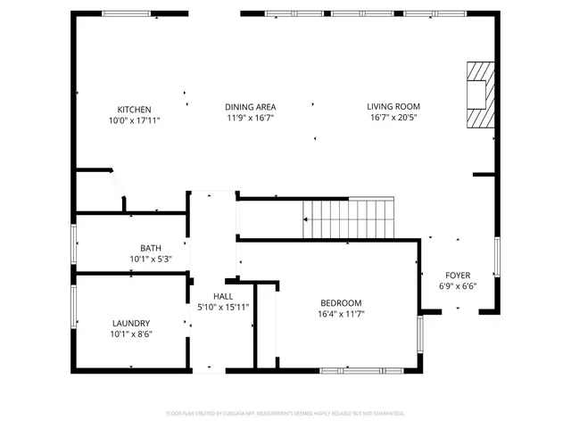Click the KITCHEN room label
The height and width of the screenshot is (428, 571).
coord(134,109)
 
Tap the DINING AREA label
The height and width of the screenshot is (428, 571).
coord(249,107)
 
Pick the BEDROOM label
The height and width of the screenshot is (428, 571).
coord(340,302)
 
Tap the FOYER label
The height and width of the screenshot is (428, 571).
coord(458,276)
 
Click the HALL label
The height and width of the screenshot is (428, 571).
coord(223,296)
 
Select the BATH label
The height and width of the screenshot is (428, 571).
coord(150,249)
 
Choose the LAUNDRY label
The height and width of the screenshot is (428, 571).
coord(131,324)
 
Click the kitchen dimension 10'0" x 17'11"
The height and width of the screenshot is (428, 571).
coord(134,119)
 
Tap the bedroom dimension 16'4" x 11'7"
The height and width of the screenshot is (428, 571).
coord(340,313)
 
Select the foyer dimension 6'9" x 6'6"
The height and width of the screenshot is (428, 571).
coord(458,286)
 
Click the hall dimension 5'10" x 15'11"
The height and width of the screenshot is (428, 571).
coord(223,307)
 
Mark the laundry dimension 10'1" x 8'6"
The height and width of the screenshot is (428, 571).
coord(131,334)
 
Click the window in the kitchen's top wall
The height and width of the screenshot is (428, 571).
coord(126,13)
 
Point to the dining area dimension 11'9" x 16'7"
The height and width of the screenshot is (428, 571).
coord(249,118)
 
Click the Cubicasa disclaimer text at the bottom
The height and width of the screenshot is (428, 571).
coord(285,414)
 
